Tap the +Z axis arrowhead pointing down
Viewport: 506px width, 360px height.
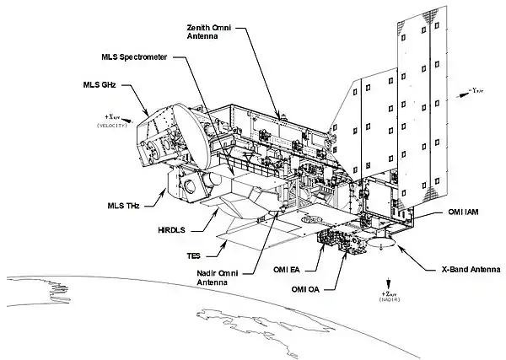[388, 283]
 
